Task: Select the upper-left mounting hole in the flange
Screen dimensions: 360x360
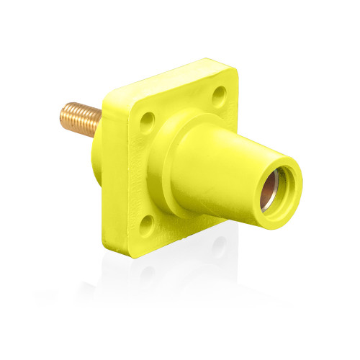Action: [147, 117]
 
